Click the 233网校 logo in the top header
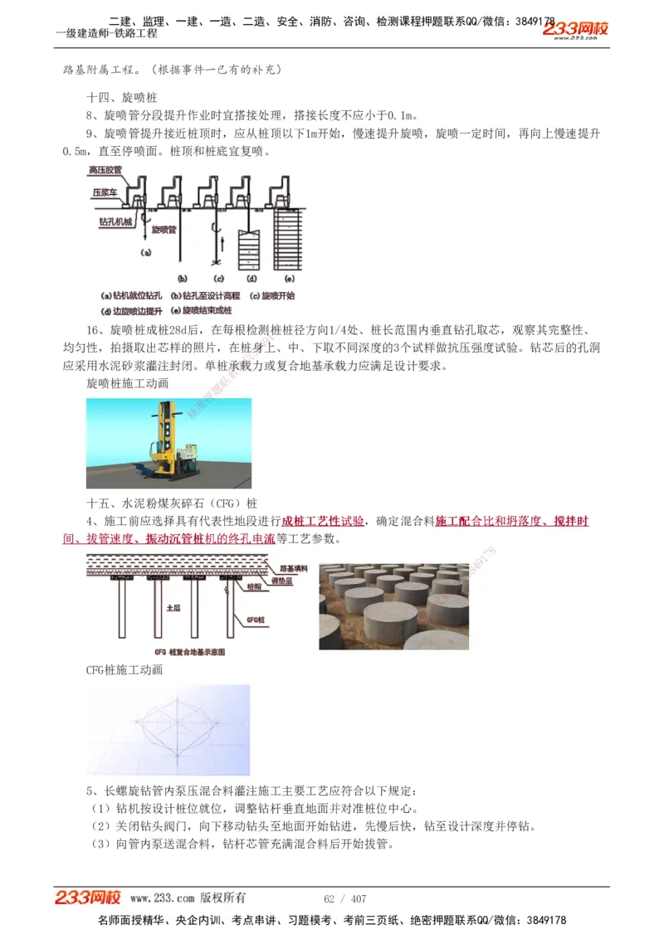point(576,29)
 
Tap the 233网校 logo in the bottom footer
point(88,898)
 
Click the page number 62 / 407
point(344,899)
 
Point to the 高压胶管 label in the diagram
point(105,170)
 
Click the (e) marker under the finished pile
point(290,278)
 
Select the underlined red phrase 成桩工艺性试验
point(323,521)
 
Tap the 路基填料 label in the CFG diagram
point(294,569)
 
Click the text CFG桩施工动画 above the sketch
point(124,670)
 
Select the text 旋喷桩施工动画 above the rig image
point(128,384)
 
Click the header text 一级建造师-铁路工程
point(106,34)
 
